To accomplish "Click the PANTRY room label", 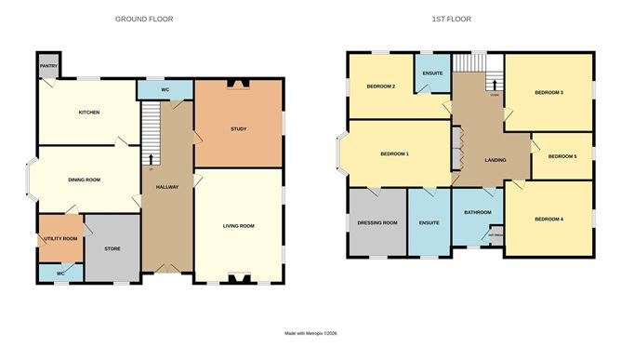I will pos(46,67).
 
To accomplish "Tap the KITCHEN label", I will pos(88,113).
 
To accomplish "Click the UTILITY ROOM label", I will pos(59,239).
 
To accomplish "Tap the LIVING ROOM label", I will pos(238,225).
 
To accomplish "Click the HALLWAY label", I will pos(166,187).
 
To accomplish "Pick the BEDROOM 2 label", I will pos(381,87).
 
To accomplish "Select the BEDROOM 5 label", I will pos(562,156).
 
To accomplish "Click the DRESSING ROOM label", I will pos(377,222).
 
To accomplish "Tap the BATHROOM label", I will pos(478,212).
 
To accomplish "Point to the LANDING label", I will pos(495,160).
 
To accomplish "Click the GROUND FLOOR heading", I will pos(144,19).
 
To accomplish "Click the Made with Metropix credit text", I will pos(310,332).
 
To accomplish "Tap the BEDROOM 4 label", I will pos(548,219).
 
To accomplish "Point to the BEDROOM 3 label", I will pos(548,92).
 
